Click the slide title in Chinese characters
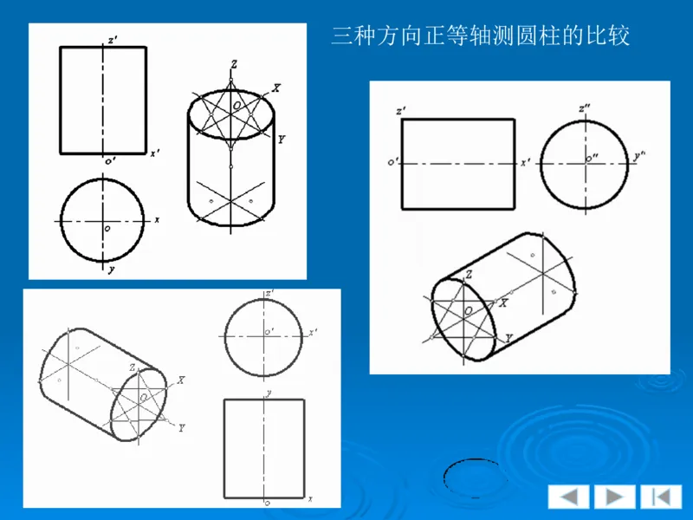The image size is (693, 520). (x=481, y=36)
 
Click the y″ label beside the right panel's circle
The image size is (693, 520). (x=641, y=155)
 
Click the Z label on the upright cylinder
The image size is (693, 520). (x=234, y=64)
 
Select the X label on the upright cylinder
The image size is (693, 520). (x=276, y=88)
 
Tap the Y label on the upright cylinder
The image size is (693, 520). (x=282, y=139)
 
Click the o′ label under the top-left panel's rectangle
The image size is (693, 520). (x=110, y=160)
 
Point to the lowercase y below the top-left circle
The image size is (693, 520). (x=112, y=270)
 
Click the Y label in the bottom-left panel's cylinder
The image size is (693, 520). (x=182, y=427)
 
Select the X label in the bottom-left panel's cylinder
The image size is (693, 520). (x=181, y=380)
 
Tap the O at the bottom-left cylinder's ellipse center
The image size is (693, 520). (x=142, y=401)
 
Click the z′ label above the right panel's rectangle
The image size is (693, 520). (x=399, y=112)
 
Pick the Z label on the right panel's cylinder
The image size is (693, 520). (x=469, y=275)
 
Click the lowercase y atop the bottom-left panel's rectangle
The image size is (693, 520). (x=269, y=393)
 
